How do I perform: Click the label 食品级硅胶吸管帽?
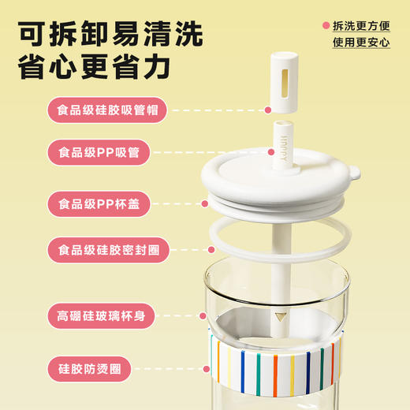coord(107,110)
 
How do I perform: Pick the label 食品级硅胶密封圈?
coord(107,249)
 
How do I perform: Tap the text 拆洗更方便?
coord(360,25)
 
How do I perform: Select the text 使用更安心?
coord(360,43)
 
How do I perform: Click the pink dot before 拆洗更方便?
coord(326,25)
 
